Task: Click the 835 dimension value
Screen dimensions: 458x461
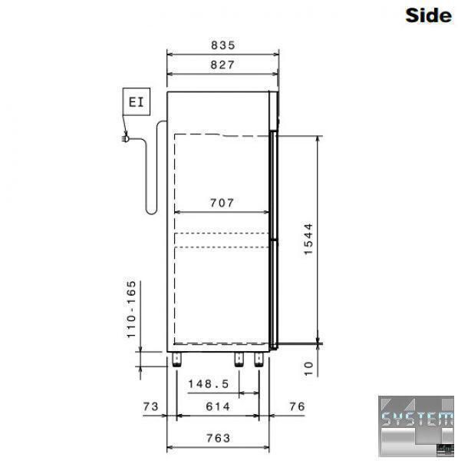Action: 223,45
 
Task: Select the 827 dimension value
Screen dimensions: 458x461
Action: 222,65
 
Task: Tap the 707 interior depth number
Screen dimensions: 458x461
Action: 222,203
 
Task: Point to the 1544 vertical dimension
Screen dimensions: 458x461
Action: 308,239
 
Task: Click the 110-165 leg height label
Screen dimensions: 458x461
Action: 131,310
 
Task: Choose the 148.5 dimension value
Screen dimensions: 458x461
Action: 208,384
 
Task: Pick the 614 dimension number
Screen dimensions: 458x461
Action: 218,406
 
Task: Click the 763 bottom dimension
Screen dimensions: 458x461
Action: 218,439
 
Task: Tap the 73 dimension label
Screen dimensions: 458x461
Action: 151,406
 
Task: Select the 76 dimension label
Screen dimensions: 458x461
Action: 297,406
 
